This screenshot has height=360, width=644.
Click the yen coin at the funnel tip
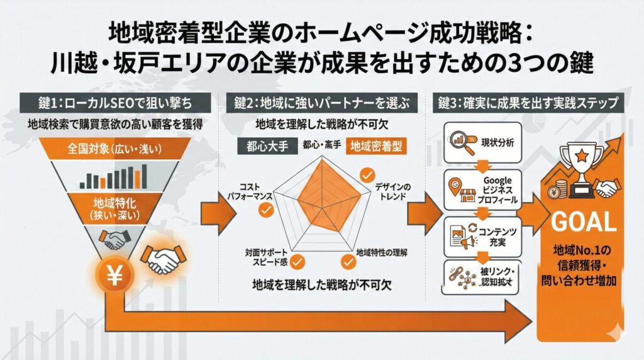(114, 275)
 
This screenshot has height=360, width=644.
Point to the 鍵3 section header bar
(527, 103)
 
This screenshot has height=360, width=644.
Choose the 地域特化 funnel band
(115, 208)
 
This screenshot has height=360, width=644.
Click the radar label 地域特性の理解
(381, 253)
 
